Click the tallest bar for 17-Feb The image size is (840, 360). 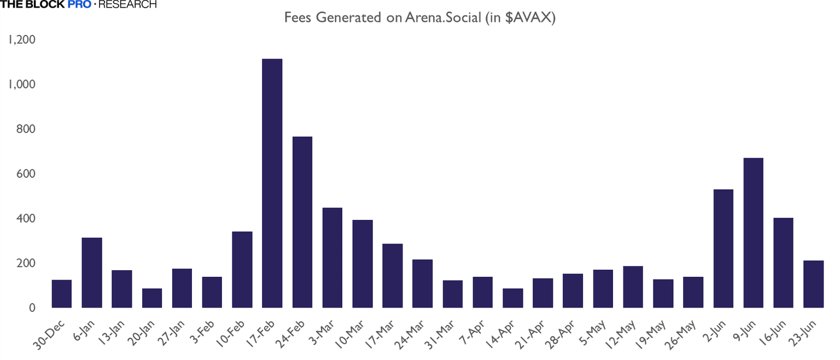tap(272, 183)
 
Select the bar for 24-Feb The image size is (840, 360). tap(302, 222)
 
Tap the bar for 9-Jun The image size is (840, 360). tap(753, 233)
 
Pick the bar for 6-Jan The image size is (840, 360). tap(92, 273)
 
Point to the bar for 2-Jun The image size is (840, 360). tap(723, 249)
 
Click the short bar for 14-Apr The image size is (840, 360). tap(513, 298)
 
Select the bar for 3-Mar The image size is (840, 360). tap(332, 258)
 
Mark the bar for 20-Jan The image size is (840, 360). tap(152, 298)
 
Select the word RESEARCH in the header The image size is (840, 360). tap(127, 4)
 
